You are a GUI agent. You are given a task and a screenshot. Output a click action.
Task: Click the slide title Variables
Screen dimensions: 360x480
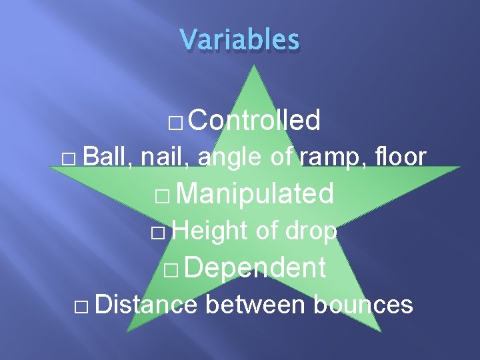pos(240,39)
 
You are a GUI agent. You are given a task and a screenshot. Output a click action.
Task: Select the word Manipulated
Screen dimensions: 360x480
pos(256,193)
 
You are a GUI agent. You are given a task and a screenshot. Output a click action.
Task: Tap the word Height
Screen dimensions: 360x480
pos(211,231)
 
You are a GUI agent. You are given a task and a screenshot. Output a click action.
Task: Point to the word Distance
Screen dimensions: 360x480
pos(146,305)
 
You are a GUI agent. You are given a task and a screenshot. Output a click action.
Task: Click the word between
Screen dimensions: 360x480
pos(255,305)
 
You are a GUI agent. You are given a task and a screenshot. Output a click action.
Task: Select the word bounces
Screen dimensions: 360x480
pos(363,305)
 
